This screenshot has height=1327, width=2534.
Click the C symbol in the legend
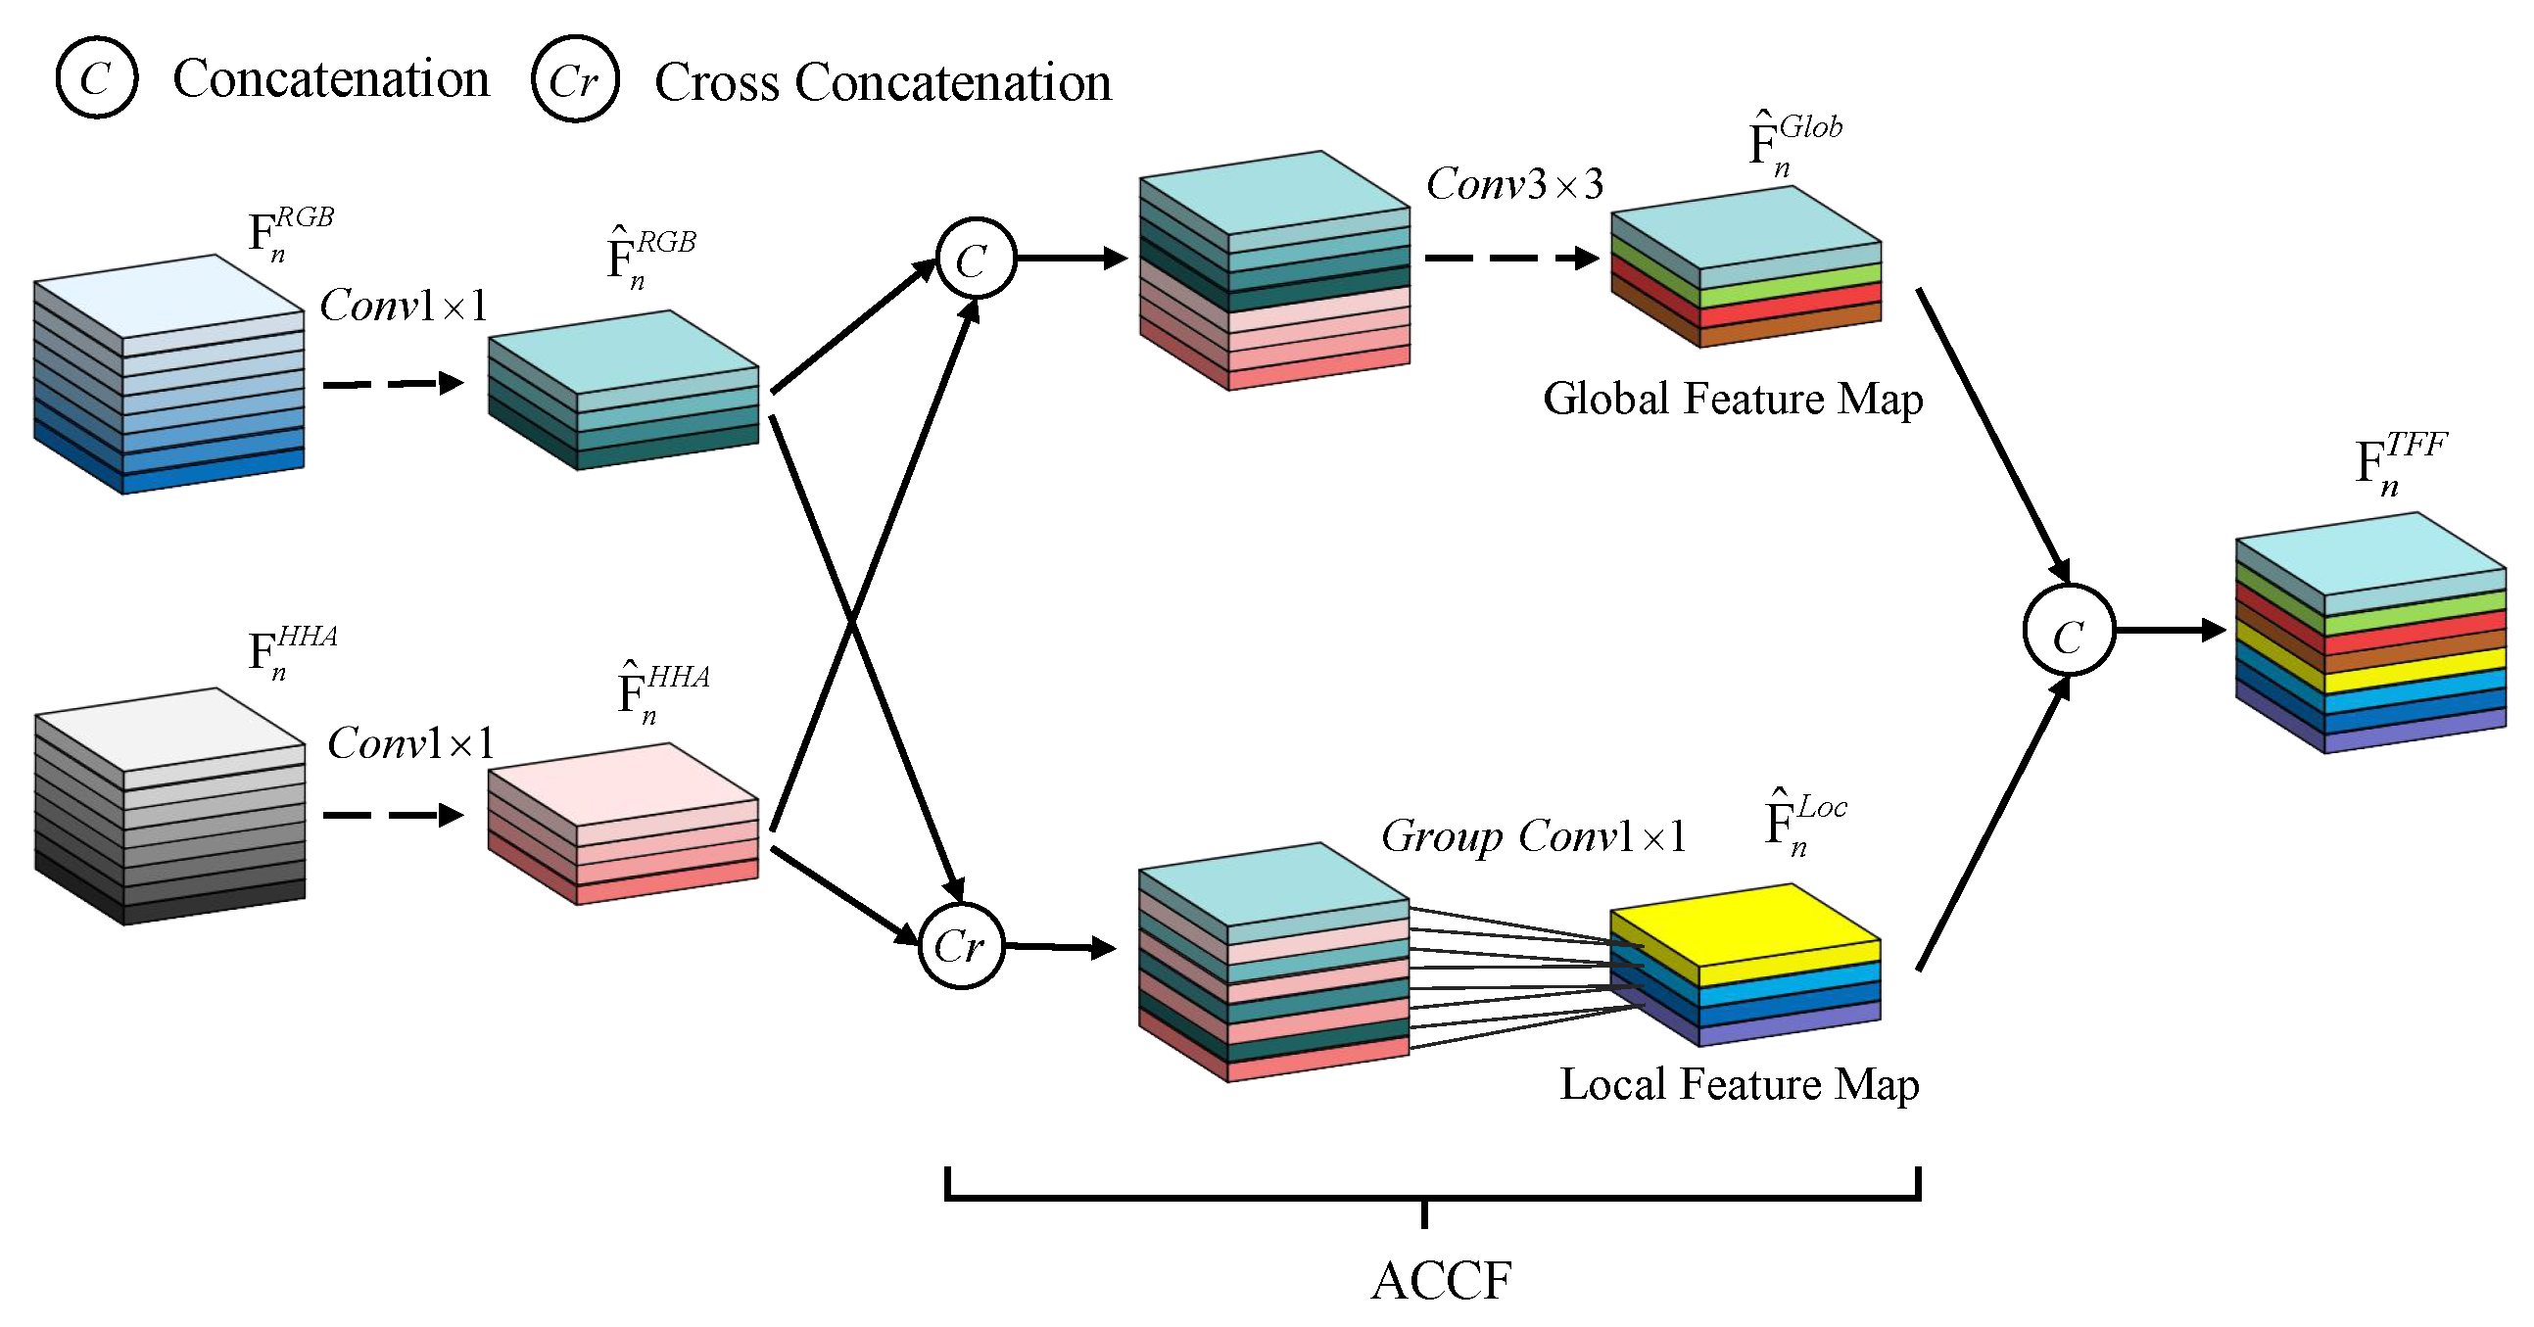coord(95,77)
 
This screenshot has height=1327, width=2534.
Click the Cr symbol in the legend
coord(574,79)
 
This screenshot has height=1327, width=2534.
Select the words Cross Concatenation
coord(883,82)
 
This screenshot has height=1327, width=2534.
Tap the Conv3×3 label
coord(1514,184)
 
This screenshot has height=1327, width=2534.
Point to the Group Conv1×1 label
coord(1533,836)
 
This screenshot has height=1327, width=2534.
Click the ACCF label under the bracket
coord(1441,1280)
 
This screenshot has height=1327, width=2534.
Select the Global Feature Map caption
coord(1733,400)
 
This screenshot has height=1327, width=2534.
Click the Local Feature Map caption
coord(1739,1084)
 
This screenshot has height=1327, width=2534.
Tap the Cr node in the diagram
coord(961,945)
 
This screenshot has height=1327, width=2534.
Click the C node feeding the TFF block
coord(2068,631)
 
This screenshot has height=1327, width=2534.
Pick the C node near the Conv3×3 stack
coord(975,259)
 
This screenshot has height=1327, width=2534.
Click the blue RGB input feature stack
coord(168,374)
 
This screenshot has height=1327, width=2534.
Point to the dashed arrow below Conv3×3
coord(1510,259)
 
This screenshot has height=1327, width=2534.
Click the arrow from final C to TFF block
coord(2169,630)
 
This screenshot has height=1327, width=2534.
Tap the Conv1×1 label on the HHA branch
coord(410,743)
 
